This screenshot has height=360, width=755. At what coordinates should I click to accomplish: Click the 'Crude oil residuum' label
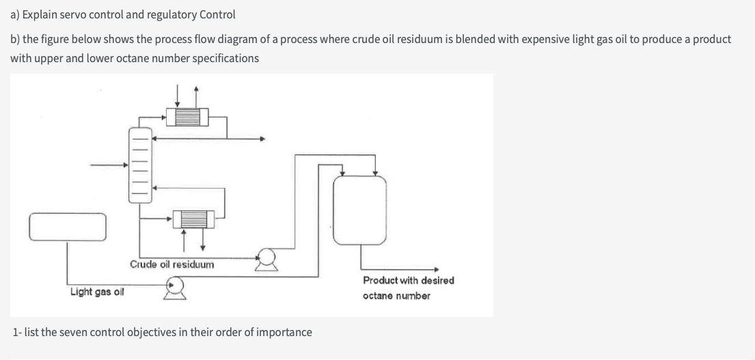pyautogui.click(x=171, y=264)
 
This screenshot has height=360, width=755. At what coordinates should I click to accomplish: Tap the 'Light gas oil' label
pyautogui.click(x=97, y=292)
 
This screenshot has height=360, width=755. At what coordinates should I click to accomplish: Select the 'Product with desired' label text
pyautogui.click(x=408, y=280)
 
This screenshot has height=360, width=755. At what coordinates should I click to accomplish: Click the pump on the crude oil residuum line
pyautogui.click(x=266, y=258)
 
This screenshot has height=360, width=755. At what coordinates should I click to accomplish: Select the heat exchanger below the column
pyautogui.click(x=193, y=219)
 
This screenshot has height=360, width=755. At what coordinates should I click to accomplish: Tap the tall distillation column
pyautogui.click(x=139, y=165)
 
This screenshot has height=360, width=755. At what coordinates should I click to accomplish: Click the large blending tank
pyautogui.click(x=359, y=208)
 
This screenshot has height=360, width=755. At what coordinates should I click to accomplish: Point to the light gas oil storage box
pyautogui.click(x=68, y=227)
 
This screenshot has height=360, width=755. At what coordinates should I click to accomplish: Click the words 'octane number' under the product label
pyautogui.click(x=396, y=296)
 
